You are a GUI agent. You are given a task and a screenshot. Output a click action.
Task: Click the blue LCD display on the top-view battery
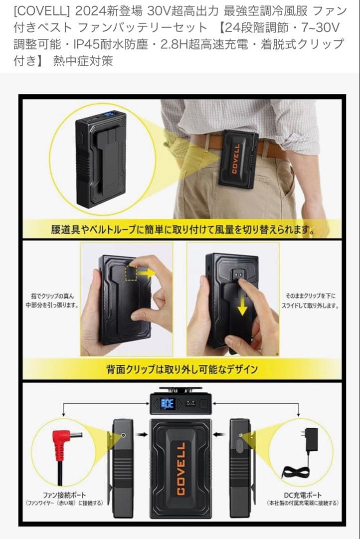pyautogui.click(x=168, y=403)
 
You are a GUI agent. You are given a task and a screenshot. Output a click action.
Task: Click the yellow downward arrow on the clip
pyautogui.click(x=242, y=305)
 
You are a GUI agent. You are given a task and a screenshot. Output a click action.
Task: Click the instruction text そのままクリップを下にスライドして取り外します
pyautogui.click(x=311, y=300)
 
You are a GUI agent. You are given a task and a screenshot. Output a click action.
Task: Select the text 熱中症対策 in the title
pyautogui.click(x=83, y=61)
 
